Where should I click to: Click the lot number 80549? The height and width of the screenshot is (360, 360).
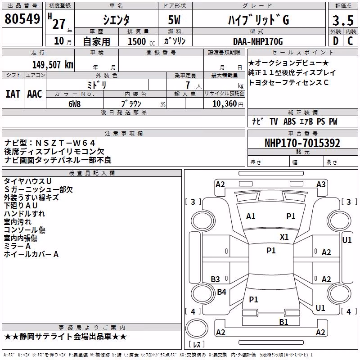click(x=22, y=19)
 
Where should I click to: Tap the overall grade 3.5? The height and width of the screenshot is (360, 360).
click(x=343, y=20)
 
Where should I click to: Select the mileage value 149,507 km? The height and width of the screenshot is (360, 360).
click(x=53, y=65)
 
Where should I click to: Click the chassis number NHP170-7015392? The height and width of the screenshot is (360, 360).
click(x=302, y=143)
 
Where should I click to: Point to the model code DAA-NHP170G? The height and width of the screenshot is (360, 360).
click(x=258, y=41)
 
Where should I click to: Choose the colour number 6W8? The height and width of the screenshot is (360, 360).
click(x=74, y=104)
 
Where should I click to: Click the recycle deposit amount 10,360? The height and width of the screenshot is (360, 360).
click(x=224, y=104)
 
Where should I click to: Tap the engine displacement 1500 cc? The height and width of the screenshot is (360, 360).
click(x=141, y=41)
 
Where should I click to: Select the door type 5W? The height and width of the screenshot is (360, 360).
click(x=174, y=20)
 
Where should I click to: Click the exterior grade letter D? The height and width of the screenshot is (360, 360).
click(x=336, y=41)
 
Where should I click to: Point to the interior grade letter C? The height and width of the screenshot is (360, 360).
click(x=350, y=41)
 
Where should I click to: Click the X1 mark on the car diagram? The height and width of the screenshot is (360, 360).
click(x=284, y=237)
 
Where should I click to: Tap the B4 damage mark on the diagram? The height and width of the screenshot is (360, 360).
click(x=221, y=292)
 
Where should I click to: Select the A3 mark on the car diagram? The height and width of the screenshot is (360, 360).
click(x=321, y=184)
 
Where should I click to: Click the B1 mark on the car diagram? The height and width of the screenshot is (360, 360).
click(x=283, y=322)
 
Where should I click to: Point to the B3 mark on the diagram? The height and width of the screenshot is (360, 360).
click(x=215, y=279)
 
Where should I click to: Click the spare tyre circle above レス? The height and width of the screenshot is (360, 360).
click(x=197, y=328)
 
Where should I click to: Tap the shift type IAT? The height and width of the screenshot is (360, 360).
click(x=13, y=94)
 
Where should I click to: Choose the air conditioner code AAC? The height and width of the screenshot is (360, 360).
click(x=35, y=94)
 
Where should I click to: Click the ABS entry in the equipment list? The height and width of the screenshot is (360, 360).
click(x=289, y=121)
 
